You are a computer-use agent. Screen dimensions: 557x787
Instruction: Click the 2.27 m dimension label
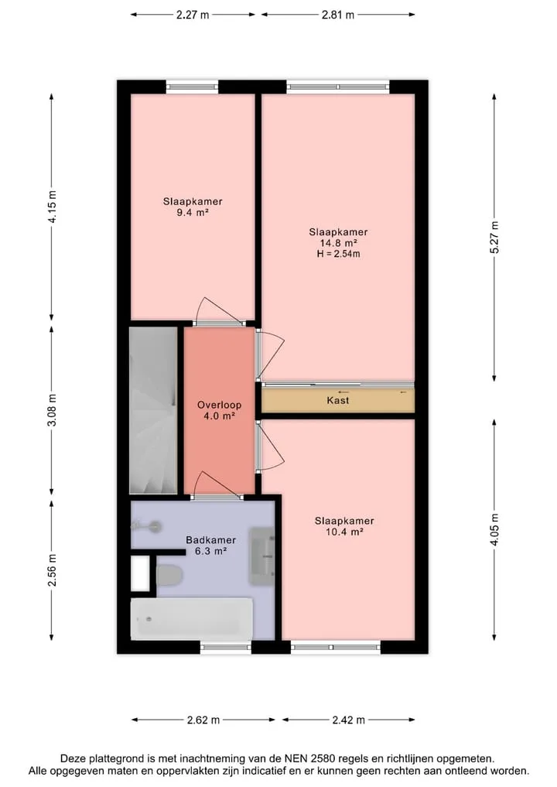(x=193, y=15)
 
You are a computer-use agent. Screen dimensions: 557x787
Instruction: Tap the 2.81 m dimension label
(x=338, y=15)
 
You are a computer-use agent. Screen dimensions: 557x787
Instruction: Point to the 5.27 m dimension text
(x=494, y=238)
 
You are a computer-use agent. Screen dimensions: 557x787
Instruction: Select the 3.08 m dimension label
(x=52, y=410)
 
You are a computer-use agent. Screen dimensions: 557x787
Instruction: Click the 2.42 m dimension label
(x=348, y=720)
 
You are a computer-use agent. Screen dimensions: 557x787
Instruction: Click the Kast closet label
(x=338, y=401)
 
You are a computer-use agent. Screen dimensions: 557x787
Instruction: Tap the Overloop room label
(x=219, y=405)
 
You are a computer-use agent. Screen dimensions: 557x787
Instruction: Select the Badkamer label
(x=210, y=540)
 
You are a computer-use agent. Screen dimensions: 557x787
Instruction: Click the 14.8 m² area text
(x=339, y=243)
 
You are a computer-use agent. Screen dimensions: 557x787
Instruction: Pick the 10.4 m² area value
(x=344, y=532)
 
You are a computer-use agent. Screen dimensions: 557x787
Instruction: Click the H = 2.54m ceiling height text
(x=338, y=254)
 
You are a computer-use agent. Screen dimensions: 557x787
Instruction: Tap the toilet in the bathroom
(x=169, y=575)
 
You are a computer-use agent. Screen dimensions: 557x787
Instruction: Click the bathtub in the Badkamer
(x=192, y=618)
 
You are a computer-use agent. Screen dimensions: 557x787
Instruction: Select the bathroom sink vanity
(x=262, y=556)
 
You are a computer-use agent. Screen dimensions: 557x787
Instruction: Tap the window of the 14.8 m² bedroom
(x=338, y=87)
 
